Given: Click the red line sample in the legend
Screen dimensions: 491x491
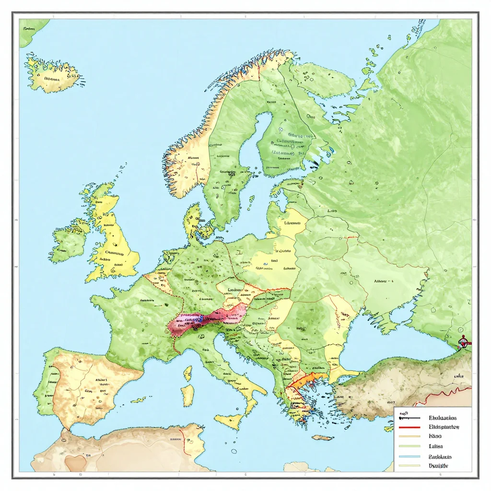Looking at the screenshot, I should click(x=409, y=427).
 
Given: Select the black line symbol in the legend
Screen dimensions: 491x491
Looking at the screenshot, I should click(x=409, y=418).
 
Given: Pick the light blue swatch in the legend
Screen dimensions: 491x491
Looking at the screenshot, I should click(x=409, y=456).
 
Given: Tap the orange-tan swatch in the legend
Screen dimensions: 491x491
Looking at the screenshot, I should click(x=409, y=436).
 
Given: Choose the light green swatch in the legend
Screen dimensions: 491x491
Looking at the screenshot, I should click(x=409, y=446).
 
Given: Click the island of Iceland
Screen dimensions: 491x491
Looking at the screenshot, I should click(x=53, y=74).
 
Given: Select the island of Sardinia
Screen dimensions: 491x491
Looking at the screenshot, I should click(x=187, y=395).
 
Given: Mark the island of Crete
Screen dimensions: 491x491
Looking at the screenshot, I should click(x=322, y=437).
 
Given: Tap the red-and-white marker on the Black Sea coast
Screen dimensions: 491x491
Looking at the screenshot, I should click(x=464, y=342).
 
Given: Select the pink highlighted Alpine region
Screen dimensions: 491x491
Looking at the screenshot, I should click(x=206, y=319).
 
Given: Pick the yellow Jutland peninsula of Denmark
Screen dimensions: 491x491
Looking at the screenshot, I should click(x=193, y=221).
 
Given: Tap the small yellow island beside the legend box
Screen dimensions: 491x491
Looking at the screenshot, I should click(x=388, y=428).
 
